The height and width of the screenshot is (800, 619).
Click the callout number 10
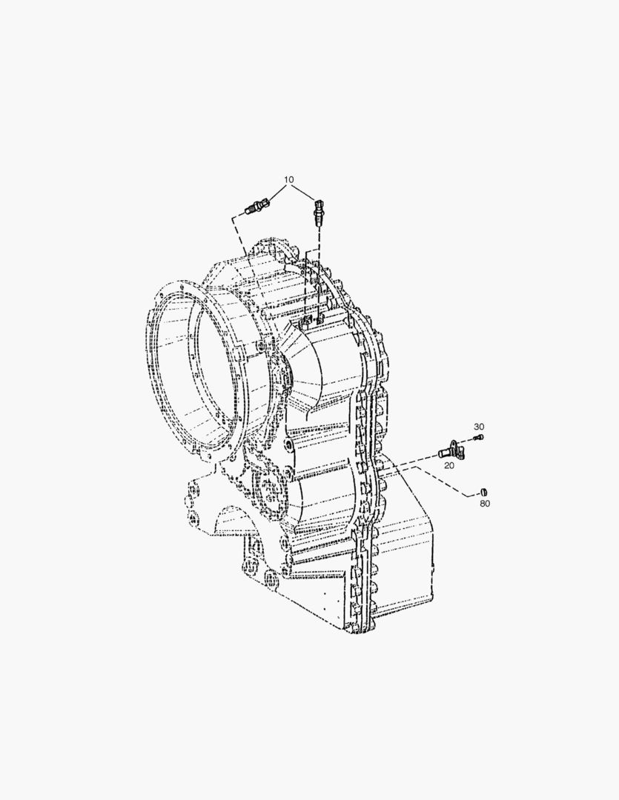pyautogui.click(x=289, y=179)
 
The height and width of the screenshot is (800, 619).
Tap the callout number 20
pyautogui.click(x=449, y=465)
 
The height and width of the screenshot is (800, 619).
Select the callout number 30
pyautogui.click(x=479, y=427)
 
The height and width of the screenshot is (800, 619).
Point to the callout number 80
pyautogui.click(x=485, y=504)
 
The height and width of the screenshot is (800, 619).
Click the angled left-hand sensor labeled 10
pyautogui.click(x=259, y=207)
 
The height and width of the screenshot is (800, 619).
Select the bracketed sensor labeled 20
pyautogui.click(x=451, y=449)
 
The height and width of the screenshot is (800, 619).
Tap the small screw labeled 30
pyautogui.click(x=478, y=437)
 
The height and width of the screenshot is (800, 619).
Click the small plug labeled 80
pyautogui.click(x=484, y=491)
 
